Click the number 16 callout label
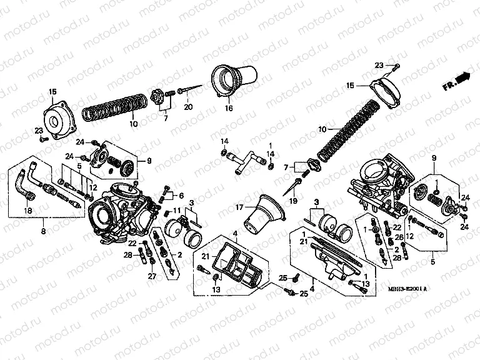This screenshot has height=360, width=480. [x=229, y=108]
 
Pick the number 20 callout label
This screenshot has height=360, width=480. [x=187, y=108]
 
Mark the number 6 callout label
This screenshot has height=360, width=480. [x=181, y=196]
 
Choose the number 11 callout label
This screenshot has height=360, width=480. [x=177, y=210]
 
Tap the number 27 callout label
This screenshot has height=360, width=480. [x=151, y=276]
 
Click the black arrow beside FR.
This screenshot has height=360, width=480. [x=462, y=77]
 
